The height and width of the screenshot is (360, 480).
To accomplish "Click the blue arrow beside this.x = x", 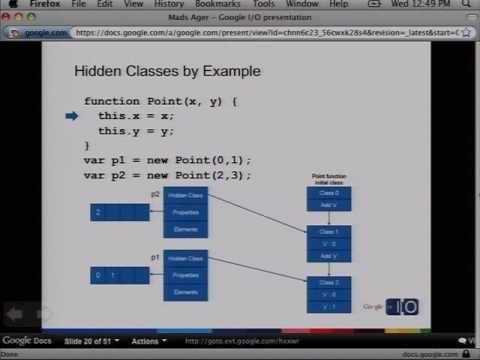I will (x=72, y=116).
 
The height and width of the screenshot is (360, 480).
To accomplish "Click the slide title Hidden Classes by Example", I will (x=168, y=72).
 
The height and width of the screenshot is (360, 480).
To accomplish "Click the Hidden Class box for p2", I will (x=185, y=195).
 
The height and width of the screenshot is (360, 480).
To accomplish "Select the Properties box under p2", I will (x=185, y=212).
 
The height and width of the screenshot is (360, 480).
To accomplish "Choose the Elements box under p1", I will (x=185, y=291).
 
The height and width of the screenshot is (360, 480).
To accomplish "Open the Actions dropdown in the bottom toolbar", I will (x=147, y=341).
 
